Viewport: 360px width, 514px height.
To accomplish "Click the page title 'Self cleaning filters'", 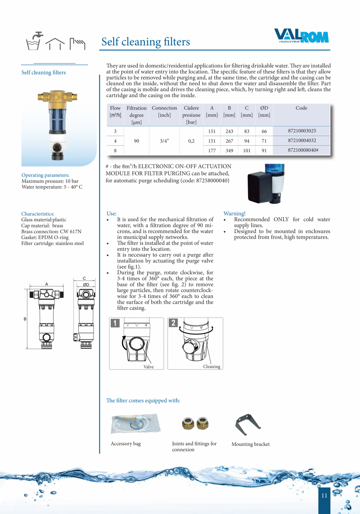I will click(x=146, y=42).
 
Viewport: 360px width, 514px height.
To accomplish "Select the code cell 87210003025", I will click(x=302, y=131).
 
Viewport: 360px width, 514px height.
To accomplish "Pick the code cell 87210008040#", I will click(x=302, y=150).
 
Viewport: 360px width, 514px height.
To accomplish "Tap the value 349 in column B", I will click(x=229, y=150).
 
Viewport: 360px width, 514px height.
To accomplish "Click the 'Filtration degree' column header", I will click(x=137, y=115).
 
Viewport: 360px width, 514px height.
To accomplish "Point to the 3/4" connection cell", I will click(x=164, y=141).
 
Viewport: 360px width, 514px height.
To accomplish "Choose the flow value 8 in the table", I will click(x=115, y=150).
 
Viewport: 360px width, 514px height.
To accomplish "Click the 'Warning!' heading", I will click(x=234, y=213).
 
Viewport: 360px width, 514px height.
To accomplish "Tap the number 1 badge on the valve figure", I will click(x=115, y=323).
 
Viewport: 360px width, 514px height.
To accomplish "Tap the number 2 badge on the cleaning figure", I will click(x=173, y=323).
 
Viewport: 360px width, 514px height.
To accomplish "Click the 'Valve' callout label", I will click(x=148, y=367).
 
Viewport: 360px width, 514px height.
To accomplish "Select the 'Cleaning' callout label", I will click(x=211, y=366).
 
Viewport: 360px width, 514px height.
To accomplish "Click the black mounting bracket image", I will click(x=248, y=424).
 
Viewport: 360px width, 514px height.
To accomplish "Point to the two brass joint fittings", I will click(x=195, y=424).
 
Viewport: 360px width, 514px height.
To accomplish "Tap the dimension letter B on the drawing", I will click(x=25, y=319).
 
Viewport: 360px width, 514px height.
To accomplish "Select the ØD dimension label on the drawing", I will click(x=86, y=285).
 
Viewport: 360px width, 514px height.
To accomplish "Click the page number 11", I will click(x=324, y=496).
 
